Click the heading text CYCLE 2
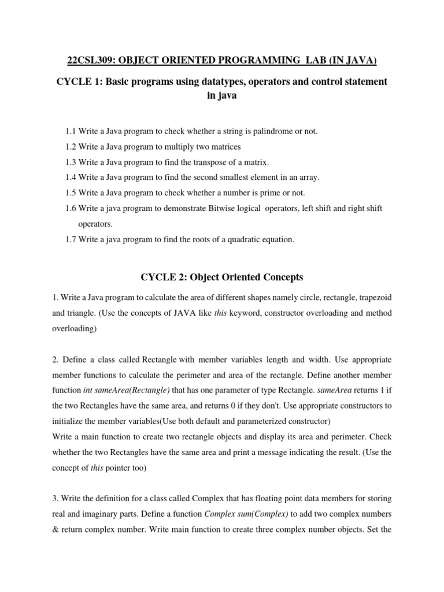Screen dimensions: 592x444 [164, 277]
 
